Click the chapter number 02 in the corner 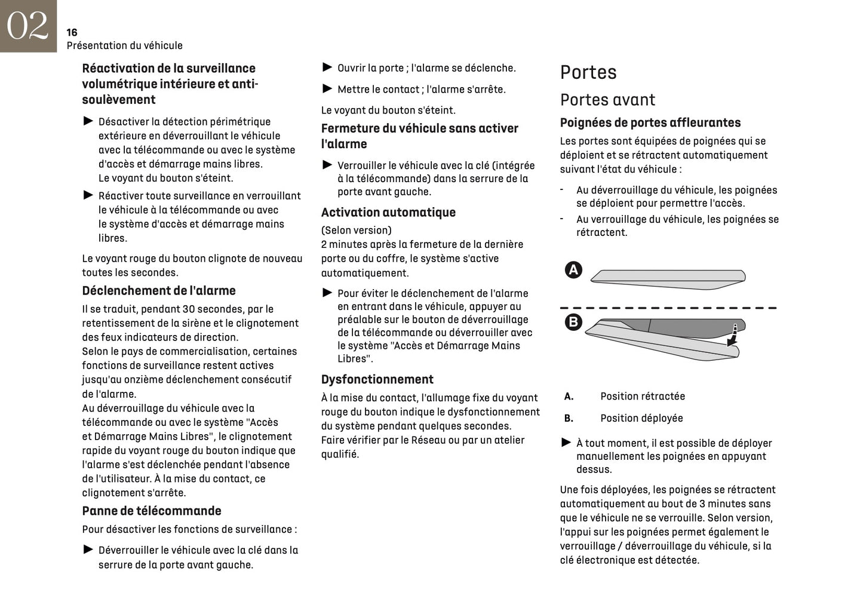point(27,26)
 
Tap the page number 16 point(72,32)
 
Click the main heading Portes point(588,72)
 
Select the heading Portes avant point(607,100)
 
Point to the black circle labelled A point(573,270)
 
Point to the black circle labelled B point(573,323)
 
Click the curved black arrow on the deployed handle point(732,337)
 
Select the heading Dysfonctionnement point(377,379)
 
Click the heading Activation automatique point(388,213)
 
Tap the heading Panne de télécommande point(151,511)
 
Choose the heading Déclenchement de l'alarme point(158,291)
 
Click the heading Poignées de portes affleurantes point(650,122)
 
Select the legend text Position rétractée point(643,397)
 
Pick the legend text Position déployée point(641,418)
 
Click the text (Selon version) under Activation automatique point(356,230)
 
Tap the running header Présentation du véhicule point(124,45)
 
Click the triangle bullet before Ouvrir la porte point(327,67)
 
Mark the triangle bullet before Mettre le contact point(327,89)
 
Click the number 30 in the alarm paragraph point(189,309)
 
